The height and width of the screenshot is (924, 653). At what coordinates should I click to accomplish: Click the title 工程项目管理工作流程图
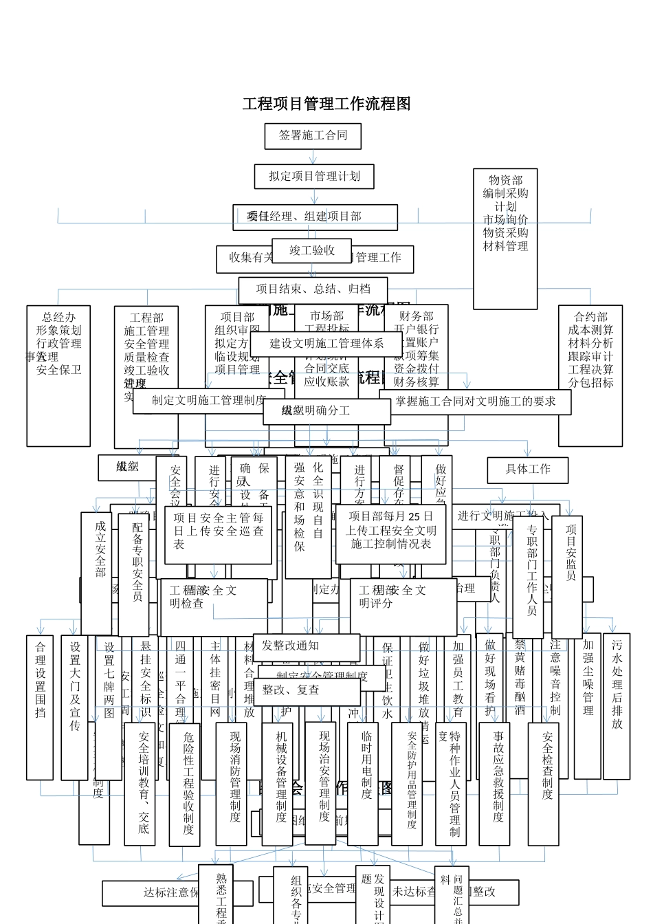tap(326, 104)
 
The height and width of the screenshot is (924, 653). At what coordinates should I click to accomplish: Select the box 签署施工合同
tap(313, 135)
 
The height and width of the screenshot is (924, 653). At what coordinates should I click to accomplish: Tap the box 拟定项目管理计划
tap(314, 176)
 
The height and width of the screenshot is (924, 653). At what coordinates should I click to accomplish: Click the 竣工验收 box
tap(311, 251)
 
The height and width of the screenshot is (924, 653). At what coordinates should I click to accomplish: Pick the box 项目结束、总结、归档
tap(313, 289)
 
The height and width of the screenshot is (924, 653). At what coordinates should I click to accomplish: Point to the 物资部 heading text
tap(505, 180)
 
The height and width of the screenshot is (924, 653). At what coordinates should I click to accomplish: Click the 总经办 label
tap(58, 318)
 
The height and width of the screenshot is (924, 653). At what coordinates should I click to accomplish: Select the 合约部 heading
tap(590, 318)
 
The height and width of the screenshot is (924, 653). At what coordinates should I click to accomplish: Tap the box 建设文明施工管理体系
tap(326, 344)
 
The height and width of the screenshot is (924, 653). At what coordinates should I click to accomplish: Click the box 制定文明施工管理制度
tap(208, 401)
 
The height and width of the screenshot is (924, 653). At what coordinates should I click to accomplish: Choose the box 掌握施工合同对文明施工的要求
tap(475, 401)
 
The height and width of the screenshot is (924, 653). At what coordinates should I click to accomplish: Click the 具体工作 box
tap(528, 470)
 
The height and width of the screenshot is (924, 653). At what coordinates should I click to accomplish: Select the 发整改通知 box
tap(307, 646)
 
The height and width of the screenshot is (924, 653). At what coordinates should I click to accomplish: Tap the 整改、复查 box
tap(307, 690)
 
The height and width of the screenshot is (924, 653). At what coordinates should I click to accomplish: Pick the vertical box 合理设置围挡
tap(40, 707)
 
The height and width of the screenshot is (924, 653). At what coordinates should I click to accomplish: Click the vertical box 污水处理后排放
tap(617, 705)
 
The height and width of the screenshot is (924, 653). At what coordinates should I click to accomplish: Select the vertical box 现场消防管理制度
tap(232, 784)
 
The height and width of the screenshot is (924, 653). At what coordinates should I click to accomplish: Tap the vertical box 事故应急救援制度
tap(494, 784)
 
